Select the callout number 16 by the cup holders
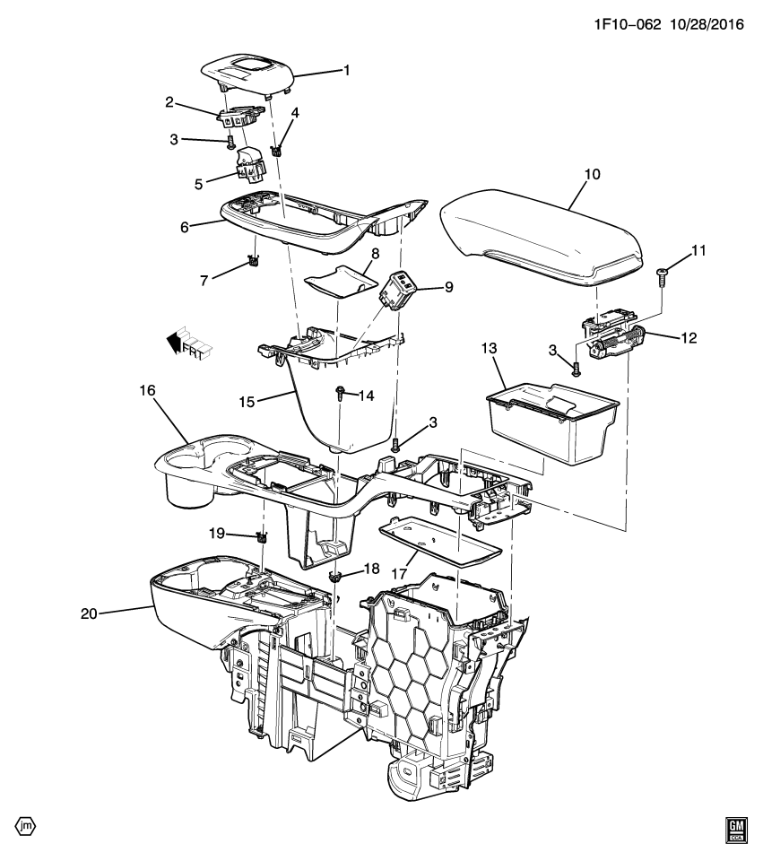coord(146,391)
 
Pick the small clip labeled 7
coord(253,262)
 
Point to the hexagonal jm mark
coord(24,825)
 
